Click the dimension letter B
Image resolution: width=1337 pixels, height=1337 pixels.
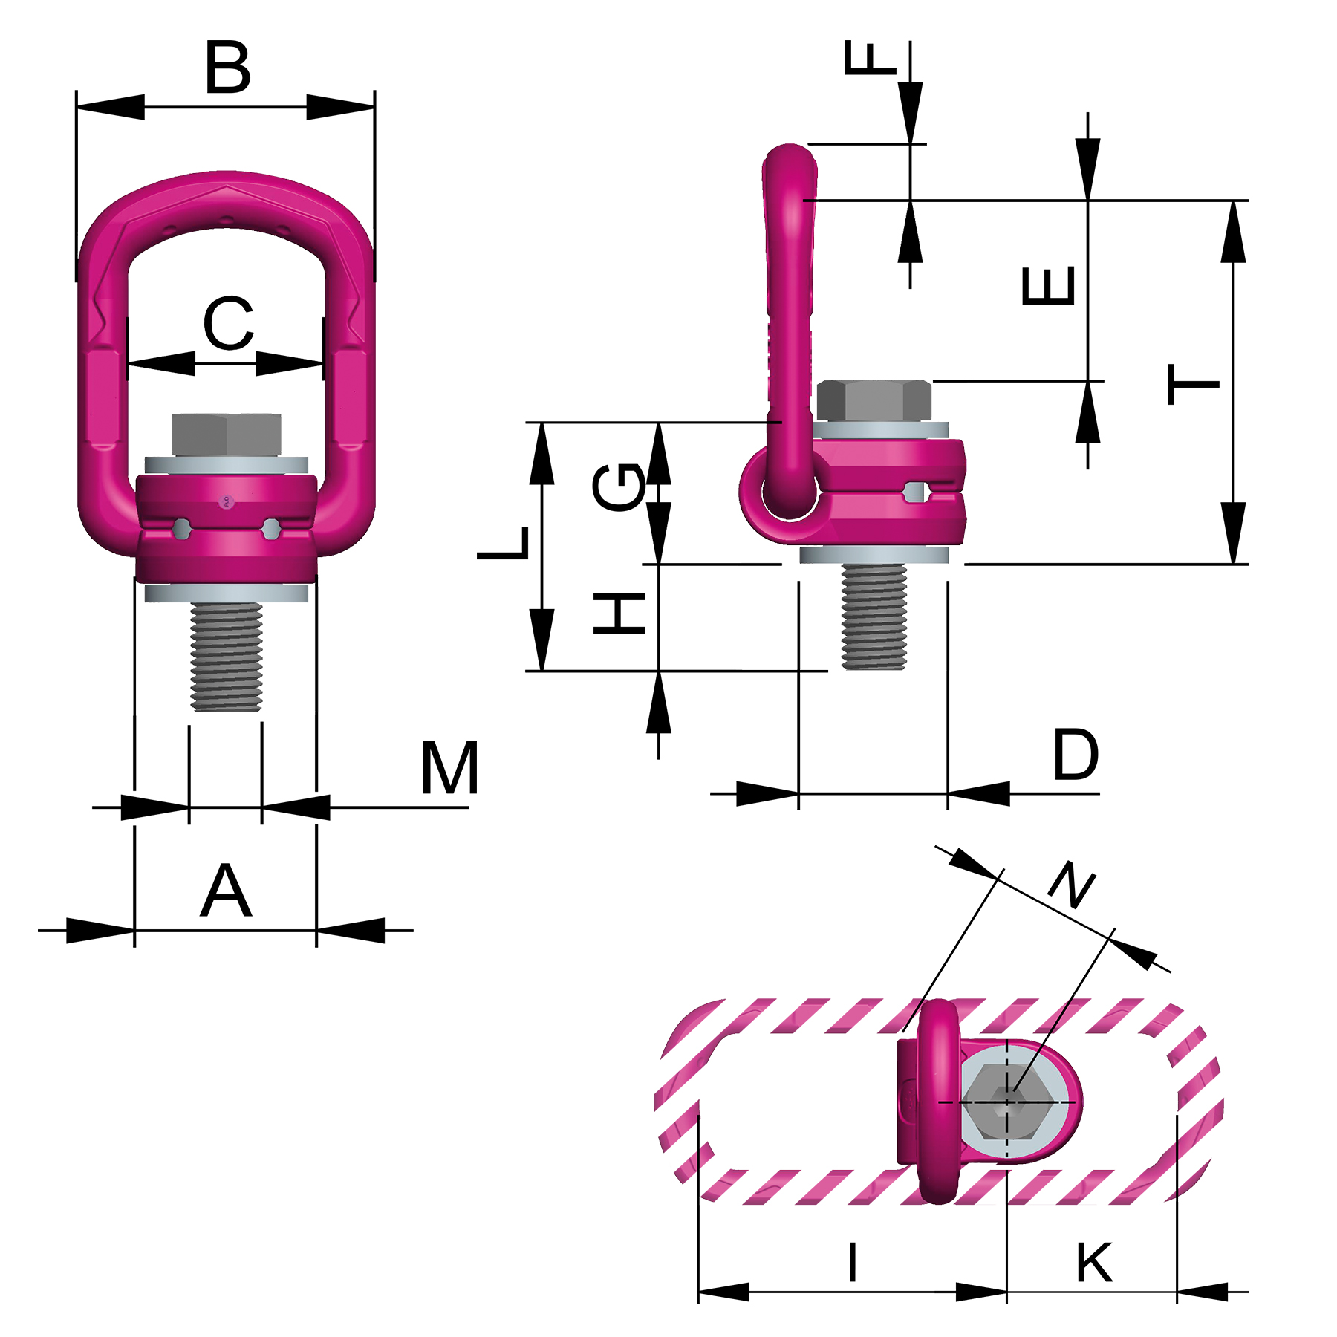coord(228,68)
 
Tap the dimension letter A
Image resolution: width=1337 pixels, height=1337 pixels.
coord(226,891)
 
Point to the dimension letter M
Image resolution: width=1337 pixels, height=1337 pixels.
coord(449,769)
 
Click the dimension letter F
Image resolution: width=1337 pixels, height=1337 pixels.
coord(871,59)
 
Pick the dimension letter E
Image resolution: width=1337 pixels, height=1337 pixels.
coord(1048,286)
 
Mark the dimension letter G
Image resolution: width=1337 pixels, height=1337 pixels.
coord(619,487)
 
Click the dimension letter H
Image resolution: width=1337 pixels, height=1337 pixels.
coord(619,613)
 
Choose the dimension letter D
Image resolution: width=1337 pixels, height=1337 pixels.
coord(1076,755)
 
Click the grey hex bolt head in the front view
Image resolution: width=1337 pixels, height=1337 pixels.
coord(227,435)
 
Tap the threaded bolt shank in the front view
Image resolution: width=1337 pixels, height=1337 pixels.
coord(227,657)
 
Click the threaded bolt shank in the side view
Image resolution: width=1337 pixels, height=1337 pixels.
coord(874,617)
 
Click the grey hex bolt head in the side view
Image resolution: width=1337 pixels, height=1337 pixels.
coord(874,401)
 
